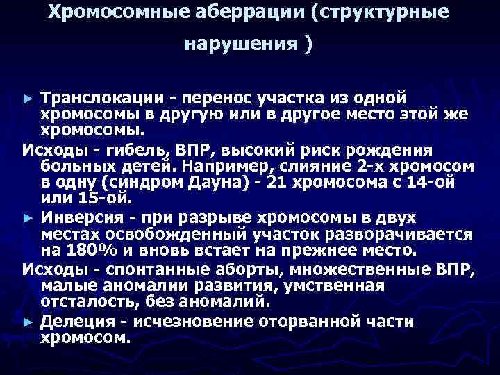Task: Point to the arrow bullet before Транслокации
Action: pos(27,99)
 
